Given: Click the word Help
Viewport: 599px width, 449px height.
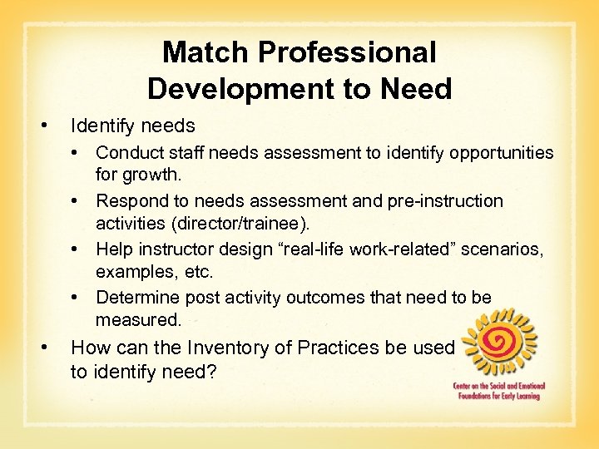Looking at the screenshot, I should click(x=113, y=249).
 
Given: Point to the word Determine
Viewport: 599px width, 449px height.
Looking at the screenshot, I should click(x=136, y=297).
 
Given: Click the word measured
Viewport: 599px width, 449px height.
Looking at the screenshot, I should click(x=137, y=320).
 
